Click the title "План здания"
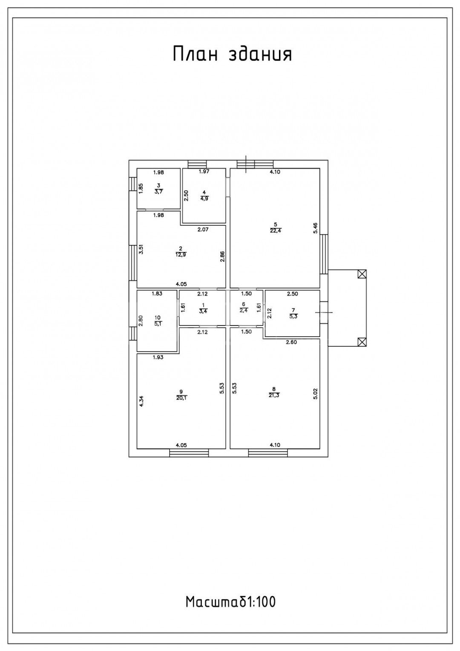233,54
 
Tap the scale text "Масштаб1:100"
230,602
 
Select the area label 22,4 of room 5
276,231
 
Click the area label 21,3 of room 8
274,395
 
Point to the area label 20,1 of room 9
181,398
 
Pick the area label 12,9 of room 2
181,255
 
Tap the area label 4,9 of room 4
204,199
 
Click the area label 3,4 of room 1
203,311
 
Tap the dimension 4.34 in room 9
141,401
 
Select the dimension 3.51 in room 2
141,249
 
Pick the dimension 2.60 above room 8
291,343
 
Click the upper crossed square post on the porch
362,274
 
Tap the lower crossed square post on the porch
362,342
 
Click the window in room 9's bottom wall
189,453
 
